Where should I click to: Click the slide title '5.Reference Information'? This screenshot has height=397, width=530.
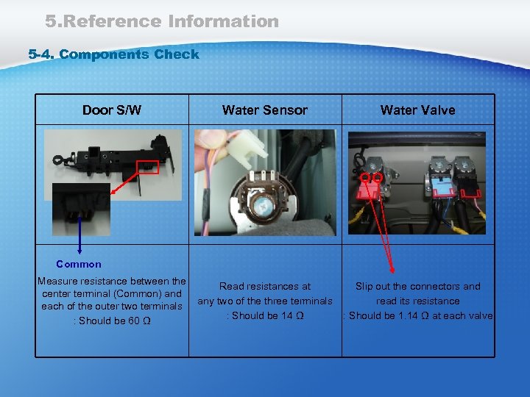(162, 21)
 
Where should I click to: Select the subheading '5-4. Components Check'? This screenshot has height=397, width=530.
(113, 54)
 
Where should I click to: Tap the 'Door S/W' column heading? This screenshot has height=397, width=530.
(112, 110)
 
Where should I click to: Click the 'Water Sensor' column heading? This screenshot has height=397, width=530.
(264, 110)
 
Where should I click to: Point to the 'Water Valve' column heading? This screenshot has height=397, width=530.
(417, 110)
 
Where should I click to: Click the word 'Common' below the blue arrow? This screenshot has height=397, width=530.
(79, 264)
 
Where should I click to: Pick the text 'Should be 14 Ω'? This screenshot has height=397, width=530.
(267, 315)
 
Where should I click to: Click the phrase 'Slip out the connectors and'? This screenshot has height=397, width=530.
(417, 287)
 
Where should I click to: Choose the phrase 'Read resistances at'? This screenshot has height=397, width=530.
(265, 287)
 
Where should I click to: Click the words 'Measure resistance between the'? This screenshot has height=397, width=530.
(112, 281)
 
